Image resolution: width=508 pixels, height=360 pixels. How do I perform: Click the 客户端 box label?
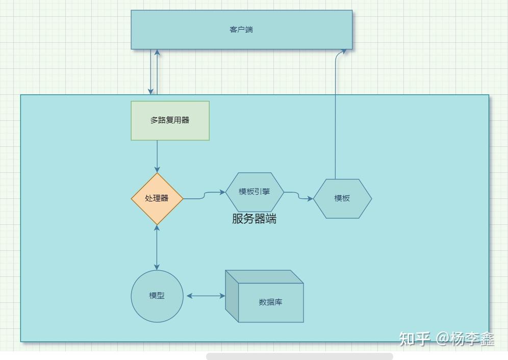pyautogui.click(x=241, y=30)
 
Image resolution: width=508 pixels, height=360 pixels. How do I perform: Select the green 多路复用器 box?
pyautogui.click(x=170, y=120)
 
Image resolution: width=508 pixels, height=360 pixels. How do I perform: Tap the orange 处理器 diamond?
pyautogui.click(x=157, y=198)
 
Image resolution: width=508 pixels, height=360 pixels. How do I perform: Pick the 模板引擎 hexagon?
pyautogui.click(x=255, y=192)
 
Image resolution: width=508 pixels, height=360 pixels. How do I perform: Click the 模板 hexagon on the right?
pyautogui.click(x=342, y=198)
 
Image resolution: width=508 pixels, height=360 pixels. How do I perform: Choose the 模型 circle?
pyautogui.click(x=157, y=296)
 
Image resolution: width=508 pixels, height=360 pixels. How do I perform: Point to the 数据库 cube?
pyautogui.click(x=270, y=302)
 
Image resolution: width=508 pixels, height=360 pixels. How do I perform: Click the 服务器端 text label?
pyautogui.click(x=254, y=219)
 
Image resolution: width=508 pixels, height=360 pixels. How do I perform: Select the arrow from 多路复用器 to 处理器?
pyautogui.click(x=157, y=156)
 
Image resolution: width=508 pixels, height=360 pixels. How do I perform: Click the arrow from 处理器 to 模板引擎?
pyautogui.click(x=204, y=195)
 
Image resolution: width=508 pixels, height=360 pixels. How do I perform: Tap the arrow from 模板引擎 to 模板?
pyautogui.click(x=299, y=196)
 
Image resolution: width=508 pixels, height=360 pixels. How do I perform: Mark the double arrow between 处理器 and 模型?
pyautogui.click(x=157, y=247)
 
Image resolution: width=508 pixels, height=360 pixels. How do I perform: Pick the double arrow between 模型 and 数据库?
pyautogui.click(x=206, y=296)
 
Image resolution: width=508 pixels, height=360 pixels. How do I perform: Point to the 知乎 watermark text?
pyautogui.click(x=414, y=339)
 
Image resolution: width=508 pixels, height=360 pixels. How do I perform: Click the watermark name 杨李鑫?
pyautogui.click(x=472, y=339)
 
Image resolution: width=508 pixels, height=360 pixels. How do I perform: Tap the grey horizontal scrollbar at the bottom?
pyautogui.click(x=299, y=356)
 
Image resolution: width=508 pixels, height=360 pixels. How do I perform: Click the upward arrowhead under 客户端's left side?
pyautogui.click(x=157, y=53)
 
